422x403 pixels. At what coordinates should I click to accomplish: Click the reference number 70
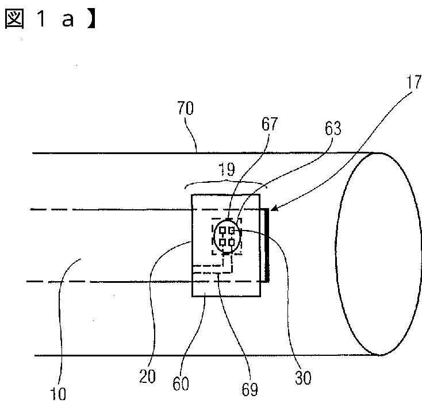(x=186, y=108)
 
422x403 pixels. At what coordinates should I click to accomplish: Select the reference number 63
(x=332, y=128)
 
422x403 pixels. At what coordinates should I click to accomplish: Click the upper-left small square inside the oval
(x=222, y=231)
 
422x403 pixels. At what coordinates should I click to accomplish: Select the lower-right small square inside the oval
(x=232, y=242)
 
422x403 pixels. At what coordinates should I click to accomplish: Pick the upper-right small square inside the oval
(x=232, y=231)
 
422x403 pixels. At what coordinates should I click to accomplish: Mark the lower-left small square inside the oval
(x=222, y=242)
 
